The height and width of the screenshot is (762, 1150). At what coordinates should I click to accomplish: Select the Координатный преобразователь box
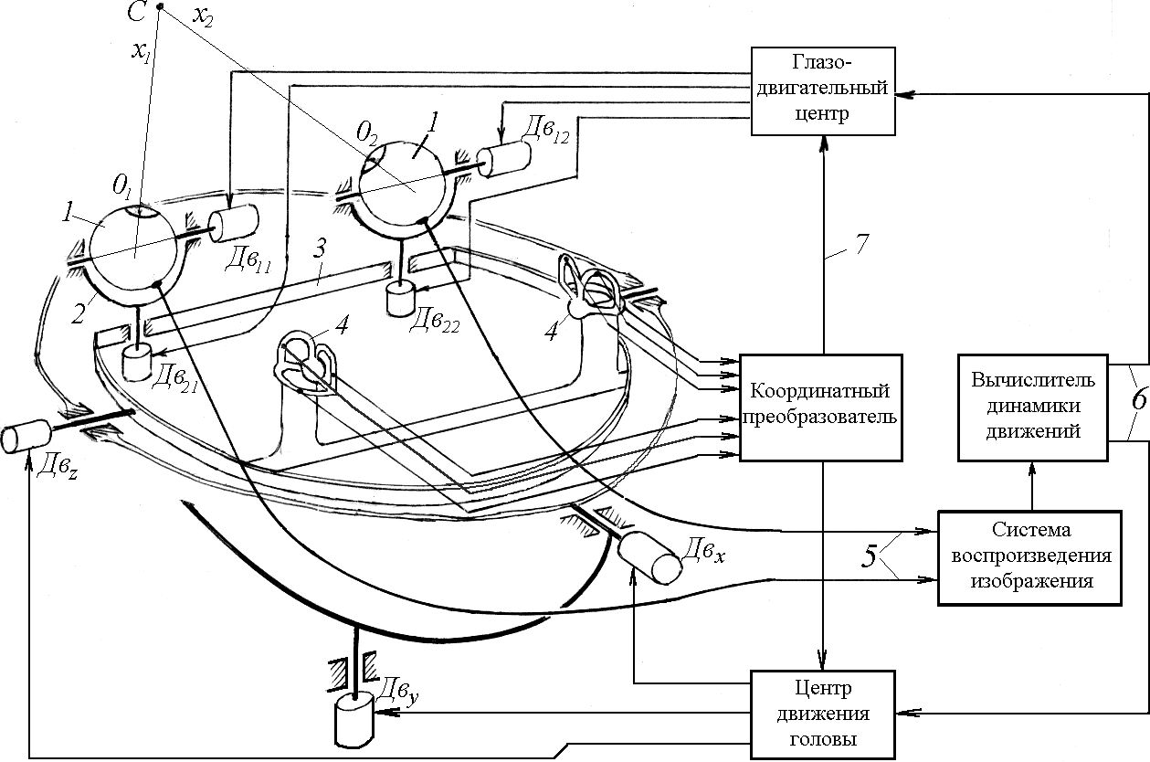[819, 406]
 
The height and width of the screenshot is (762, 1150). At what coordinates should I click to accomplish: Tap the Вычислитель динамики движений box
[1031, 406]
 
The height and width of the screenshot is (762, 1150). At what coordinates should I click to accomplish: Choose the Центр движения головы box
[825, 714]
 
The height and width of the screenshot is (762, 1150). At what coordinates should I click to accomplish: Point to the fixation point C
[160, 8]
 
